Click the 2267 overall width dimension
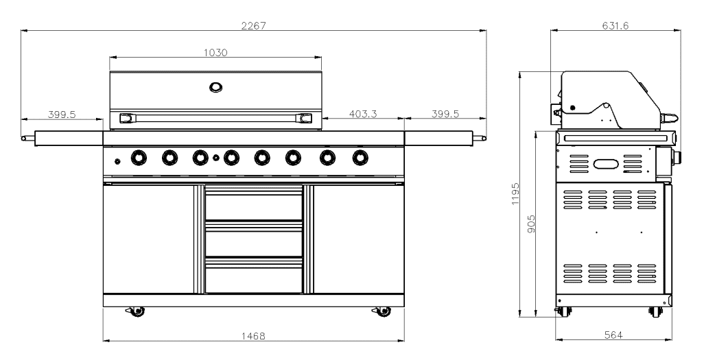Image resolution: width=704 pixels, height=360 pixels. click(254, 25)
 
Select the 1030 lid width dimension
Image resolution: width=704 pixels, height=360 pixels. click(215, 53)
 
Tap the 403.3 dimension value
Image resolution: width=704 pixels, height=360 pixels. click(363, 114)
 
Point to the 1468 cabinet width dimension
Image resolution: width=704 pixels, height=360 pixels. click(254, 335)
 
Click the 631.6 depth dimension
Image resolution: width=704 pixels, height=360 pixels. click(615, 25)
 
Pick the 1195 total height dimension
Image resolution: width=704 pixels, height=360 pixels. click(515, 193)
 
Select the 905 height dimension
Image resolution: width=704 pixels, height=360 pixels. click(532, 224)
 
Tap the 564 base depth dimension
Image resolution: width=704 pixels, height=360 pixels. click(613, 335)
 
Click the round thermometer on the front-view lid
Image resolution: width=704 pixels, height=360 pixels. click(216, 86)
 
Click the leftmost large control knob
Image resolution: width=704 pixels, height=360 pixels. click(139, 158)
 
